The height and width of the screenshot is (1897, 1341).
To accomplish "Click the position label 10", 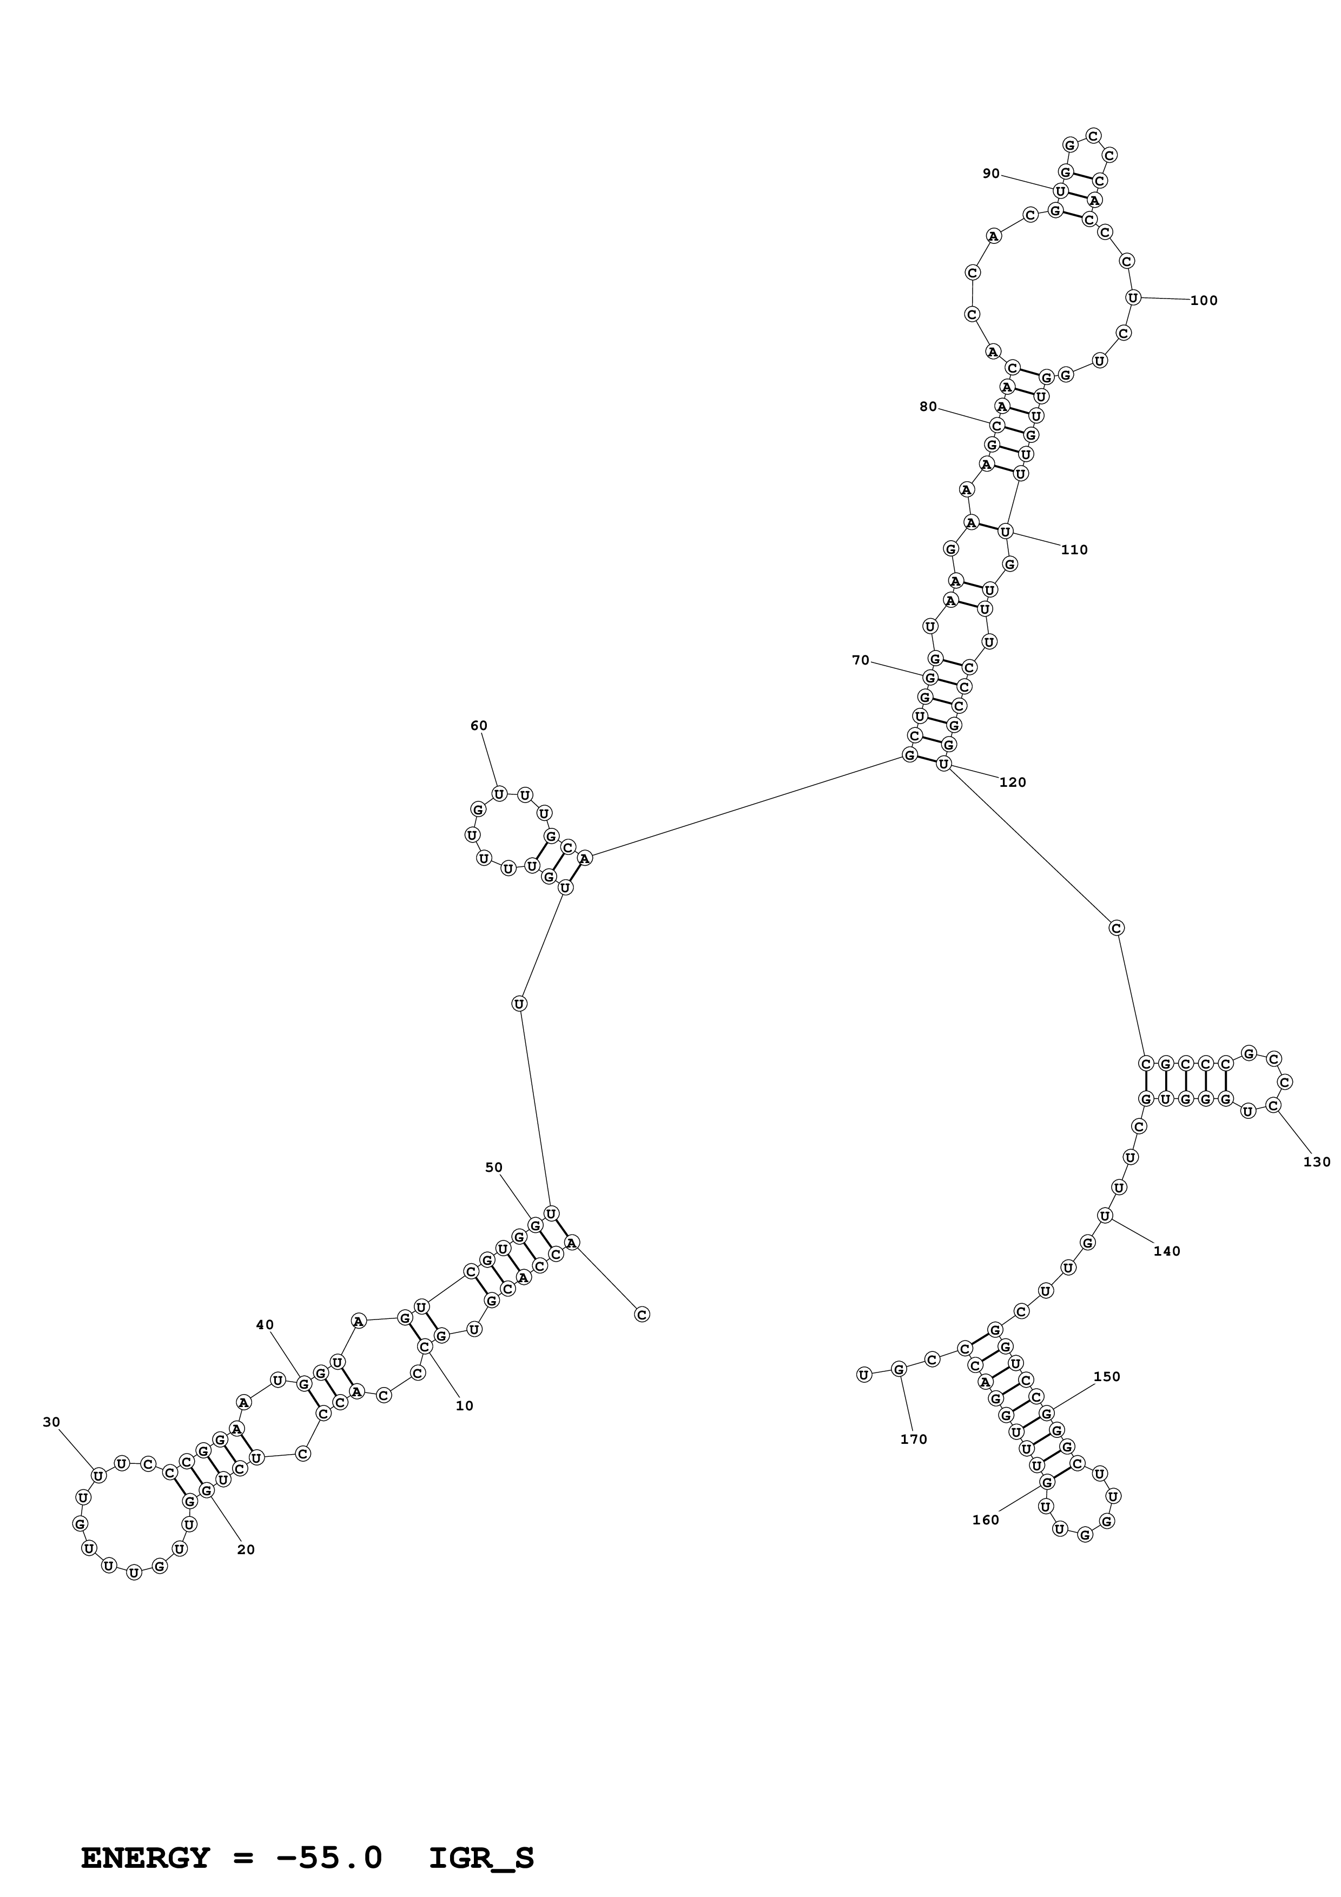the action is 464,1406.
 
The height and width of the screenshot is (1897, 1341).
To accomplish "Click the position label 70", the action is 861,660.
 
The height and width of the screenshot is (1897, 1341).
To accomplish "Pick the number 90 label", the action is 990,174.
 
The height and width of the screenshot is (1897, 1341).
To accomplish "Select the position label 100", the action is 1204,301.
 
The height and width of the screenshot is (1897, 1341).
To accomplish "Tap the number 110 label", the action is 1074,550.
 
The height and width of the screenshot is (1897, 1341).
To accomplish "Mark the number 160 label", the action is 986,1520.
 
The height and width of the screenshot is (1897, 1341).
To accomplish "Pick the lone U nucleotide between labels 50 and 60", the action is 519,1004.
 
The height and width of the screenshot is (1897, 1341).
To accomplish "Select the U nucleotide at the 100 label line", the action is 1133,297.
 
